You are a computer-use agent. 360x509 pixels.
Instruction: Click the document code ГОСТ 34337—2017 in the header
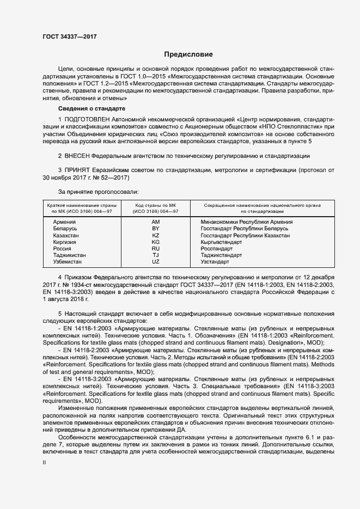pyautogui.click(x=70, y=37)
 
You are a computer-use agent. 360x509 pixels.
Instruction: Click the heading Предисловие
pyautogui.click(x=189, y=54)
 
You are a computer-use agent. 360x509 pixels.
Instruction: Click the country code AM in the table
pyautogui.click(x=156, y=222)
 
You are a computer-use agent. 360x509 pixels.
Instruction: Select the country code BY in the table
pyautogui.click(x=156, y=229)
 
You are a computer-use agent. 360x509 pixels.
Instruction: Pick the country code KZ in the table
pyautogui.click(x=156, y=235)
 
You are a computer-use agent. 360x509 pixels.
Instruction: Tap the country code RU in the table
pyautogui.click(x=156, y=248)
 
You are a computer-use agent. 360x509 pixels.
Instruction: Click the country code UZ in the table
pyautogui.click(x=156, y=261)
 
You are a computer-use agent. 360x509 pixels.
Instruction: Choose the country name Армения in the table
pyautogui.click(x=64, y=222)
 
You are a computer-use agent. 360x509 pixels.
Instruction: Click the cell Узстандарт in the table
pyautogui.click(x=215, y=261)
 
